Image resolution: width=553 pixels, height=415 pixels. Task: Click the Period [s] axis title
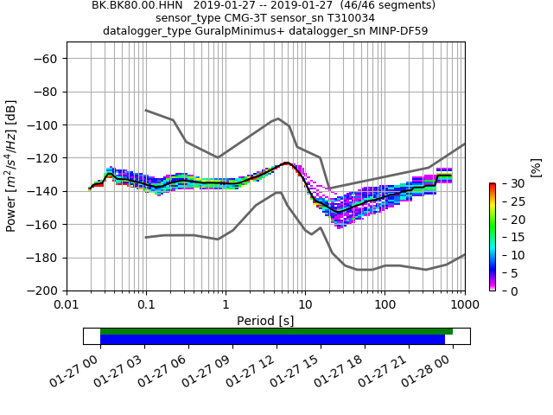point(265,321)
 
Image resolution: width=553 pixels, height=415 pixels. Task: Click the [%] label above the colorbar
point(535,167)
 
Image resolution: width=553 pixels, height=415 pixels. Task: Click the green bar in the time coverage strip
point(276,331)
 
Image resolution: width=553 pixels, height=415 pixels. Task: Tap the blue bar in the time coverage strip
point(272,340)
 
